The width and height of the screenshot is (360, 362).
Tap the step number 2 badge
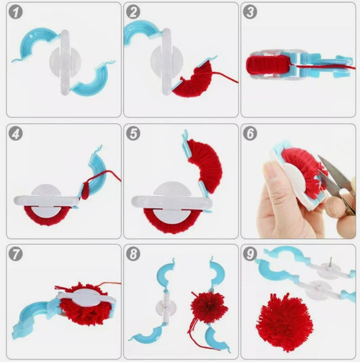134,13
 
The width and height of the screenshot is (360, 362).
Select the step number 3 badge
251,13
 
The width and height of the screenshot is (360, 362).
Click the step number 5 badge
134,134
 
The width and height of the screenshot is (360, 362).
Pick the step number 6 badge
251,134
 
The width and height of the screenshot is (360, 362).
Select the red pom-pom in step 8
209,306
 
